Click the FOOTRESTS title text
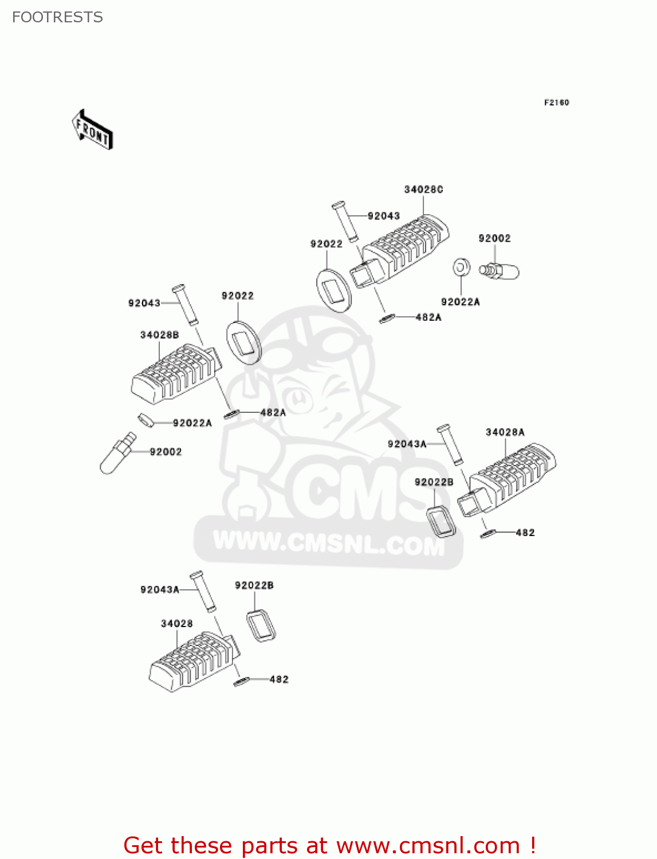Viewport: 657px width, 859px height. tap(57, 17)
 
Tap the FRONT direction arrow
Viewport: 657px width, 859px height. tap(92, 130)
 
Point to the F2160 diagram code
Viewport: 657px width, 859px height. tap(556, 103)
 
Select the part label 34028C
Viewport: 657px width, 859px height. tap(423, 190)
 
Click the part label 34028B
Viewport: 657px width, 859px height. tap(159, 335)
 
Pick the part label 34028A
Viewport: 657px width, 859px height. tap(505, 432)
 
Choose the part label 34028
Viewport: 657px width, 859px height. tap(176, 624)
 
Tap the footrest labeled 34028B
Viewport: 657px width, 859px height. tap(175, 373)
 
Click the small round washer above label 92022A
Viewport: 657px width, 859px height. tap(461, 267)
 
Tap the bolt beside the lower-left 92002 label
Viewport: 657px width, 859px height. tap(117, 454)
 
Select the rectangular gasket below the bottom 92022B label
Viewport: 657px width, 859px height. tap(261, 625)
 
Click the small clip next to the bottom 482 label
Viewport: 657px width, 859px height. tap(241, 681)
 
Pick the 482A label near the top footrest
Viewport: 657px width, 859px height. tap(428, 317)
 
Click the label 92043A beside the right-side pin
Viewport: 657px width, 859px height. tap(407, 444)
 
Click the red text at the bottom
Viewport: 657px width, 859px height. tap(329, 845)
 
